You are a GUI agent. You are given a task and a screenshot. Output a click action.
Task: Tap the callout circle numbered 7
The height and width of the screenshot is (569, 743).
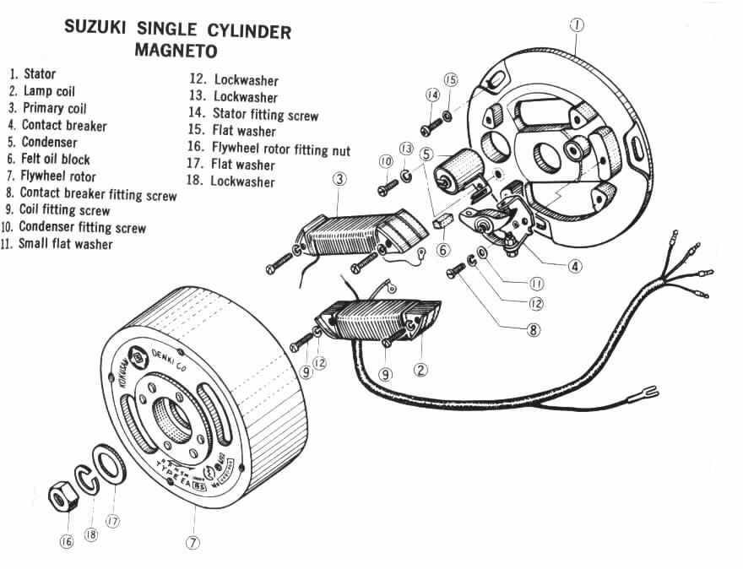(x=193, y=543)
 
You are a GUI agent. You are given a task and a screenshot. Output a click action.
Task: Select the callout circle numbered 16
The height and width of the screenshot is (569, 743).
(x=67, y=542)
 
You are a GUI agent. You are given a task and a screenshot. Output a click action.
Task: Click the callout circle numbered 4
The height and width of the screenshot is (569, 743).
(x=575, y=266)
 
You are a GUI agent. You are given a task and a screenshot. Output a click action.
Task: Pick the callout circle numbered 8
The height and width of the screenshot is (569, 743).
(x=533, y=330)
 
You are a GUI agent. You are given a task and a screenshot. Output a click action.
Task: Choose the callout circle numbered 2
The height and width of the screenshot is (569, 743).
(x=420, y=369)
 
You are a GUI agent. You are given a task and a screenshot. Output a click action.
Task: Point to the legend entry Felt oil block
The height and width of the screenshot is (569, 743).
(x=56, y=159)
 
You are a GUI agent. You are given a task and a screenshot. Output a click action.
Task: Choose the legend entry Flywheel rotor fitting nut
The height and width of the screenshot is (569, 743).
(x=281, y=149)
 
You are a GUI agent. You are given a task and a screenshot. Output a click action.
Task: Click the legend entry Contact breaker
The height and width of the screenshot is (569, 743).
(x=63, y=125)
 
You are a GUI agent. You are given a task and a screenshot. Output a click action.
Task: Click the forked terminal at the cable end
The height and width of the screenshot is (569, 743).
(x=650, y=390)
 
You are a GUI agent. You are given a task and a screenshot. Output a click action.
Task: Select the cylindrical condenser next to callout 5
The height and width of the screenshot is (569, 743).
(x=456, y=173)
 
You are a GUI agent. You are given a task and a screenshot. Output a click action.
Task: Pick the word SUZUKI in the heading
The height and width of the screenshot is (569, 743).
(x=95, y=30)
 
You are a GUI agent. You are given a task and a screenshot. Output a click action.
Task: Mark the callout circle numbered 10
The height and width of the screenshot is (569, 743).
(x=386, y=160)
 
